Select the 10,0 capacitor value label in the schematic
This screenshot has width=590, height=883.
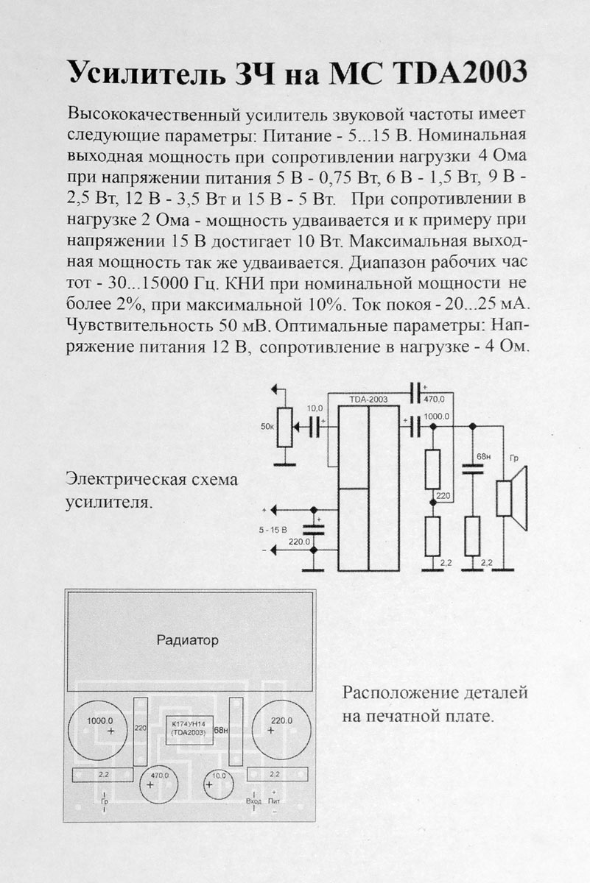[314, 407]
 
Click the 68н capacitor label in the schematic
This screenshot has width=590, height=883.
[483, 457]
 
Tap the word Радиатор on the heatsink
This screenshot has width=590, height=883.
[188, 640]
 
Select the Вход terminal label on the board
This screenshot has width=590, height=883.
[253, 801]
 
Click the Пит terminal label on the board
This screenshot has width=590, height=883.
[275, 801]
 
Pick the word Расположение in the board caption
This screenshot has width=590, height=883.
[388, 693]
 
